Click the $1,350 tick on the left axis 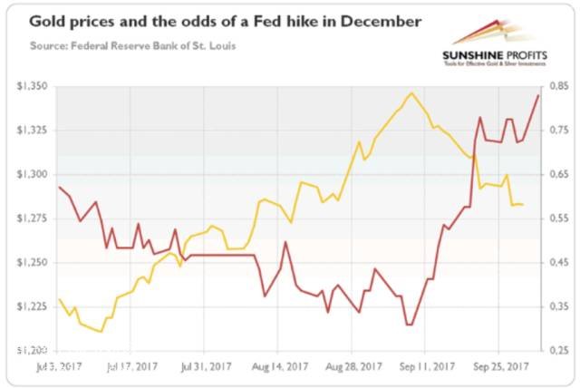coord(32,87)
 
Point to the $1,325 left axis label coord(32,131)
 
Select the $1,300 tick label coord(32,174)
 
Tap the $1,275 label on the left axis coord(32,218)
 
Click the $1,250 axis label coord(32,262)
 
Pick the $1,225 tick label coord(32,306)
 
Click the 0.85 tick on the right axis coord(558,87)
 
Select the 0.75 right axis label coord(558,131)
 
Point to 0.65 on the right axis coord(558,174)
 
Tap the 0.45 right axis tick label coord(558,262)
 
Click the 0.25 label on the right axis coord(558,350)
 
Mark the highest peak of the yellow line coord(411,92)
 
